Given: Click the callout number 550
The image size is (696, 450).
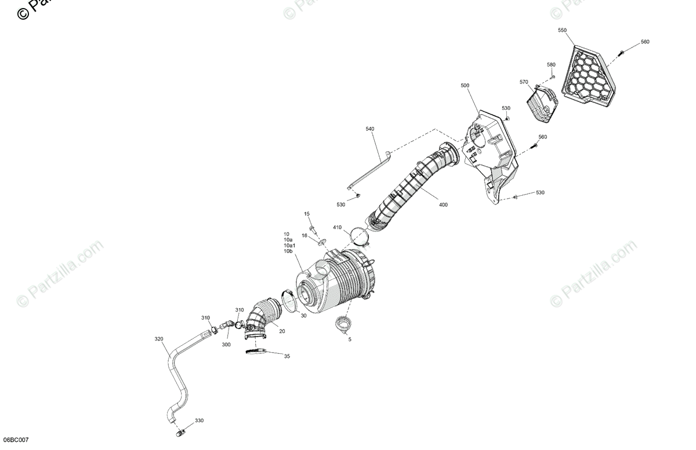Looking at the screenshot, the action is [x=563, y=30].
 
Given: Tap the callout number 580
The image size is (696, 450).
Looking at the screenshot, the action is [x=551, y=64].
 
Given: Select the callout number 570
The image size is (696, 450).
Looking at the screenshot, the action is [x=524, y=82].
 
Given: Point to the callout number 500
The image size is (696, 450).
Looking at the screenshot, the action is [x=465, y=85].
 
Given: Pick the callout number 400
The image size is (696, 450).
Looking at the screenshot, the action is [x=443, y=204].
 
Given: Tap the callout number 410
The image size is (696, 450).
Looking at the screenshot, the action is [x=338, y=227].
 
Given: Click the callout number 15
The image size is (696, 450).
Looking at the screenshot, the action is [x=307, y=214].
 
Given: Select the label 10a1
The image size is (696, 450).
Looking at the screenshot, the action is [x=289, y=246].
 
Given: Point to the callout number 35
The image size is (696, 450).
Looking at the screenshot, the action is [x=287, y=356].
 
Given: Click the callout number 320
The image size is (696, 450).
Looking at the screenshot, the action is [x=159, y=339].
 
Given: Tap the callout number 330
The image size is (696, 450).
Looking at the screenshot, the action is [x=199, y=420].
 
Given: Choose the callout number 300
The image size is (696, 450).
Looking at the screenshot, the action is [x=226, y=345].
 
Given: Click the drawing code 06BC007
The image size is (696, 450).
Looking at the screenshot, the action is [x=15, y=441].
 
